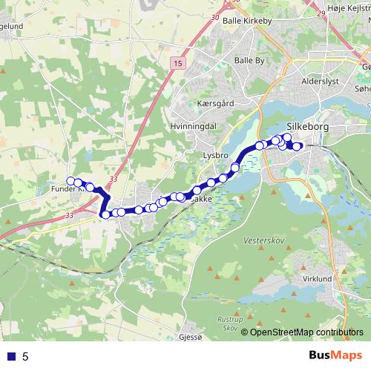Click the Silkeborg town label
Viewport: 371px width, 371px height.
tap(306, 127)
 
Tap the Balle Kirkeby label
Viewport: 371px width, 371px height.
tap(248, 22)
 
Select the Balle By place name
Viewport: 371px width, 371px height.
tap(249, 60)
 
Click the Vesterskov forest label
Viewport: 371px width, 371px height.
tap(259, 242)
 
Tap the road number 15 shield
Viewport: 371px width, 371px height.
tap(178, 65)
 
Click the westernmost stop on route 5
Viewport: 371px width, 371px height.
tap(71, 181)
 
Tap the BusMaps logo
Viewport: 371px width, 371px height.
tap(333, 356)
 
